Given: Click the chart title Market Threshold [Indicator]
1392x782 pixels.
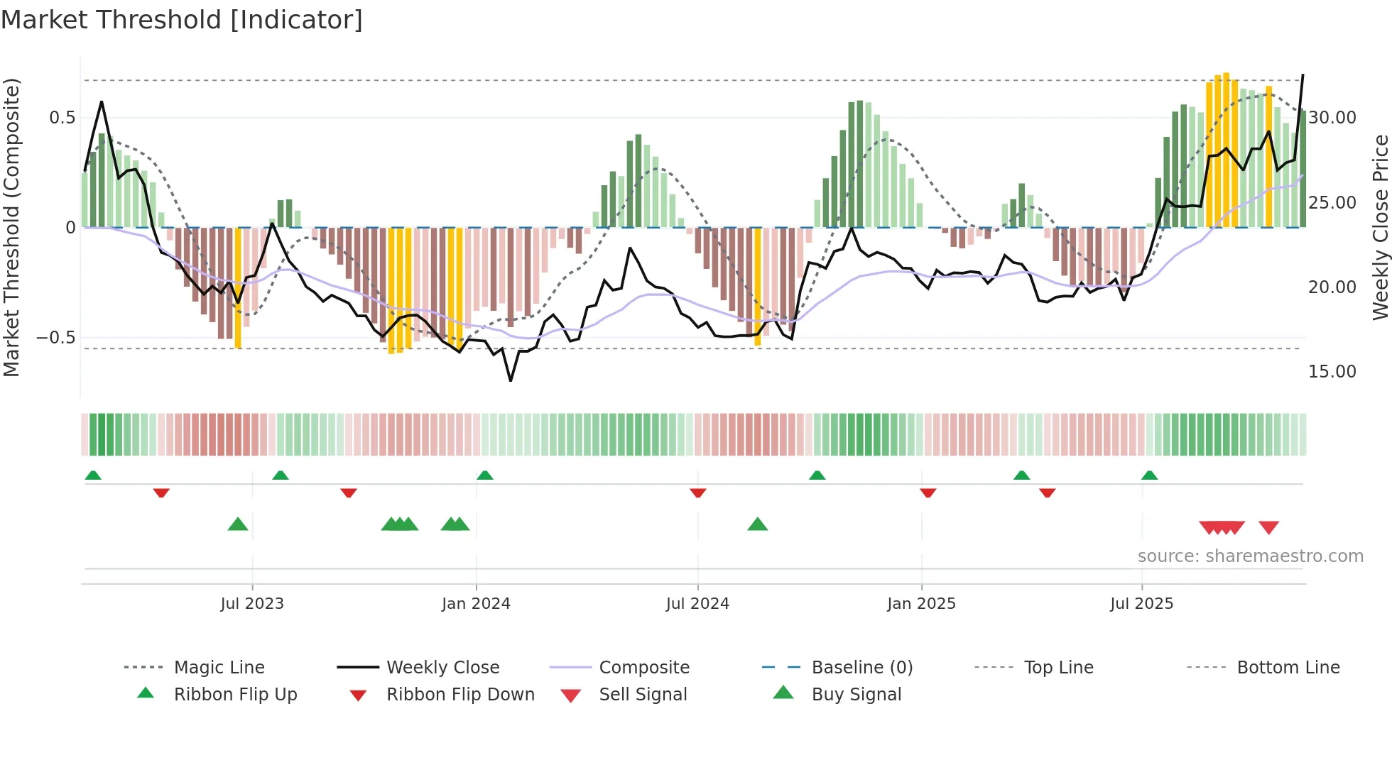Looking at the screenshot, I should (182, 20).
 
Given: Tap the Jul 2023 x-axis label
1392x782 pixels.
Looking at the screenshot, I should (251, 604).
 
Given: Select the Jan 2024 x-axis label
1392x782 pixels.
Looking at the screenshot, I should (475, 604).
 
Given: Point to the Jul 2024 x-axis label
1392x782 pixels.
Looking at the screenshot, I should (697, 604).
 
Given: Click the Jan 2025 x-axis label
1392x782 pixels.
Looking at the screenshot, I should (920, 604).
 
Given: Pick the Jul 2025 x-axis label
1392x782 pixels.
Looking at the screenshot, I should (1141, 604).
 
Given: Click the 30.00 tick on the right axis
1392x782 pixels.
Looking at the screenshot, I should (1332, 118).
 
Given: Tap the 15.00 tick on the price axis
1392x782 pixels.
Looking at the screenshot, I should (1332, 372).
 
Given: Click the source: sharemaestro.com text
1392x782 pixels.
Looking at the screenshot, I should (1250, 556).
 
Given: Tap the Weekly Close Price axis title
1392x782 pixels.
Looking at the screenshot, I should (1380, 227).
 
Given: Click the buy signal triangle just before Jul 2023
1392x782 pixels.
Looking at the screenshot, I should (238, 525).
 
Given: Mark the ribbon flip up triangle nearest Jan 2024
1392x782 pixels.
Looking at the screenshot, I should (485, 475).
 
